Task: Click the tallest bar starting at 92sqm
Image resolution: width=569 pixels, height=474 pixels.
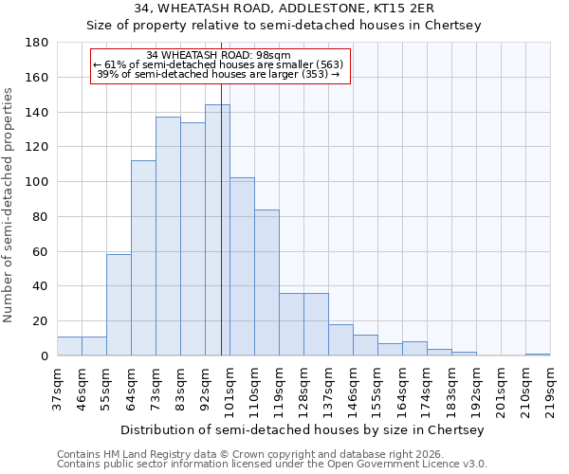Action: pyautogui.click(x=217, y=230)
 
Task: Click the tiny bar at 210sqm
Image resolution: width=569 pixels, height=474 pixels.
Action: pyautogui.click(x=538, y=355)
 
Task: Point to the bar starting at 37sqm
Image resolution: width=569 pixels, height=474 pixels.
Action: pyautogui.click(x=69, y=346)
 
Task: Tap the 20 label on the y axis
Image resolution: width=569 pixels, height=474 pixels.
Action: pyautogui.click(x=41, y=321)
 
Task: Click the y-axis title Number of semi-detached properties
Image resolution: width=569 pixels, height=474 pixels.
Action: pyautogui.click(x=9, y=205)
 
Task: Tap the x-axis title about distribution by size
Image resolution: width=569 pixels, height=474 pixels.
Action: pyautogui.click(x=303, y=429)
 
